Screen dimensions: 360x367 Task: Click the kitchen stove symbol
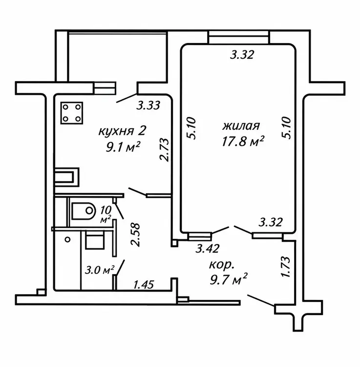[x=72, y=113]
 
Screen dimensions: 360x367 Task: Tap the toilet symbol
[x=84, y=211]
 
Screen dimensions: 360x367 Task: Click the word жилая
[x=241, y=126]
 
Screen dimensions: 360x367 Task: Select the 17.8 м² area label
[x=243, y=141]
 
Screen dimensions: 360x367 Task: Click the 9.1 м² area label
[x=123, y=147]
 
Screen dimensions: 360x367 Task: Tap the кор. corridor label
[x=221, y=265]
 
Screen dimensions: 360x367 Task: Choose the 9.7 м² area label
[x=229, y=279]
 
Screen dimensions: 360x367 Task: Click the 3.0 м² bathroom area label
[x=100, y=270]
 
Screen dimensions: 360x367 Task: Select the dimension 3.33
[x=148, y=105]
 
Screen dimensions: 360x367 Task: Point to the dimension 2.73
[x=164, y=150]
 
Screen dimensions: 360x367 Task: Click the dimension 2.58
[x=135, y=234]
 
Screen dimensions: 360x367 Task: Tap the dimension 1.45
[x=144, y=285]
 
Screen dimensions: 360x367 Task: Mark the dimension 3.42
[x=208, y=249]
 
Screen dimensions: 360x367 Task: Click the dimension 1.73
[x=286, y=267]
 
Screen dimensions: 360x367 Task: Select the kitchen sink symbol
[x=66, y=177]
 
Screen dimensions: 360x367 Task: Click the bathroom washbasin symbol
[x=95, y=239]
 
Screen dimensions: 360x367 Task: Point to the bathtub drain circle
[x=68, y=239]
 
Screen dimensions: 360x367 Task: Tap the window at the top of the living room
[x=239, y=37]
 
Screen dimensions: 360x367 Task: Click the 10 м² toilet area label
[x=106, y=214]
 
